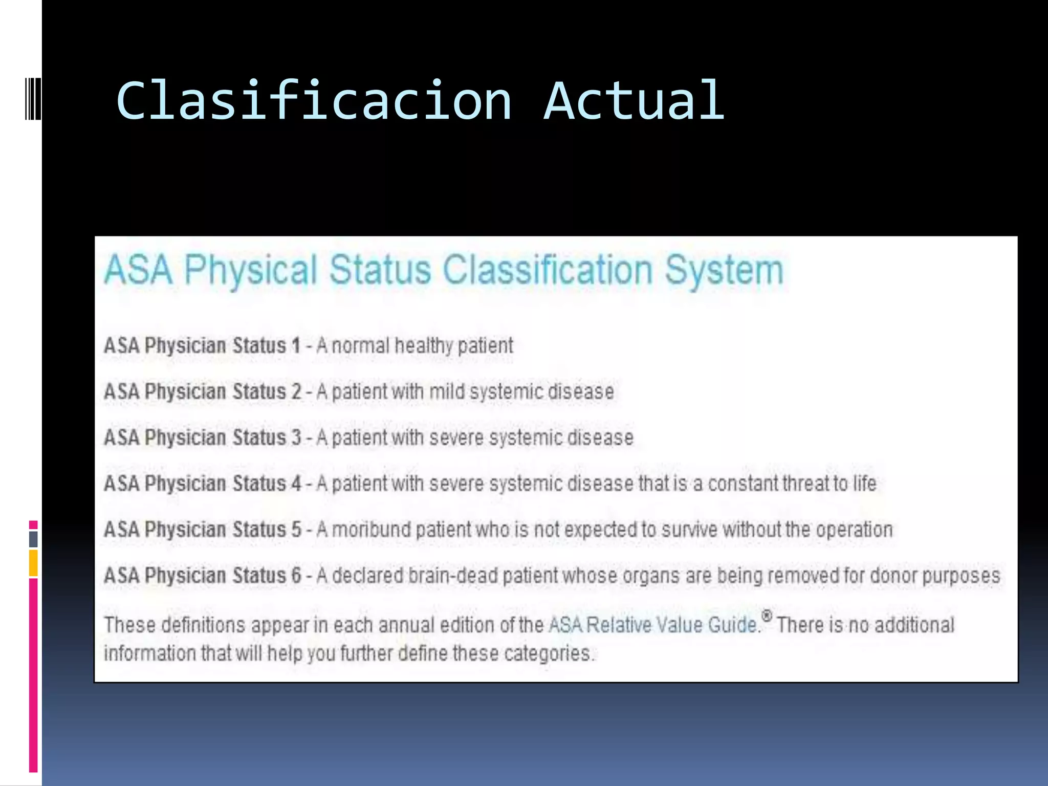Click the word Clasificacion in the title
314,101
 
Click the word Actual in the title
634,101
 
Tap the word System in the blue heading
724,270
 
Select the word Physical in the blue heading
251,270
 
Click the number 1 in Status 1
296,345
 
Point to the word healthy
424,346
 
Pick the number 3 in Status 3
296,438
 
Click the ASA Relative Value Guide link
652,625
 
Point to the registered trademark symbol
767,615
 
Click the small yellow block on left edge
33,563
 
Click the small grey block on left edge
33,539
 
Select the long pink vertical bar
33,675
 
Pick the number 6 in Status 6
296,575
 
